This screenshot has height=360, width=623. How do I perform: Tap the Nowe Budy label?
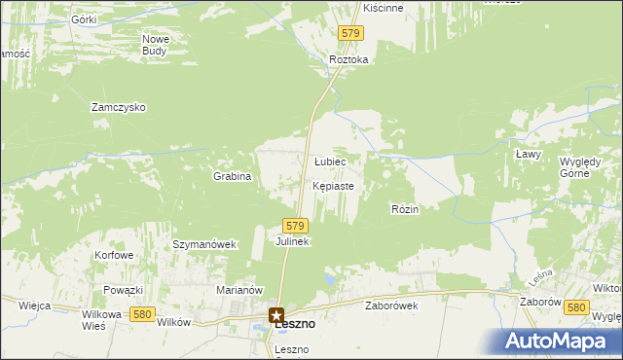[x=156, y=45]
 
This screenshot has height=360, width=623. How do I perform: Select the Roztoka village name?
[x=348, y=59]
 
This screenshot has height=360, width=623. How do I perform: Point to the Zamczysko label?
[x=118, y=107]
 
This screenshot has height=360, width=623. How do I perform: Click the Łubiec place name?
[x=330, y=162]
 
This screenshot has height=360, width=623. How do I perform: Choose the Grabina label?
[x=233, y=177]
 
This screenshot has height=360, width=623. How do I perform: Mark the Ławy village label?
[x=528, y=154]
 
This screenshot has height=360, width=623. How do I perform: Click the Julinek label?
[x=292, y=241]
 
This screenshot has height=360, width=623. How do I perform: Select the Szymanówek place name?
[x=204, y=244]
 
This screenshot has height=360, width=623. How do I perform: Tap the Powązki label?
[x=124, y=290]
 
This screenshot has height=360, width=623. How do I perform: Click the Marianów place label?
[x=239, y=290]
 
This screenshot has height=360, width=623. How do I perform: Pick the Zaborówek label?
[x=391, y=305]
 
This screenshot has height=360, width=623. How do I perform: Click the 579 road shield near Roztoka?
[x=351, y=33]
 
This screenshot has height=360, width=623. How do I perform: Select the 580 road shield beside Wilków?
[x=142, y=313]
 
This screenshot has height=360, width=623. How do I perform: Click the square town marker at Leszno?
[x=277, y=315]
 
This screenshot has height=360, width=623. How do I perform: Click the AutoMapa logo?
[x=562, y=342]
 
